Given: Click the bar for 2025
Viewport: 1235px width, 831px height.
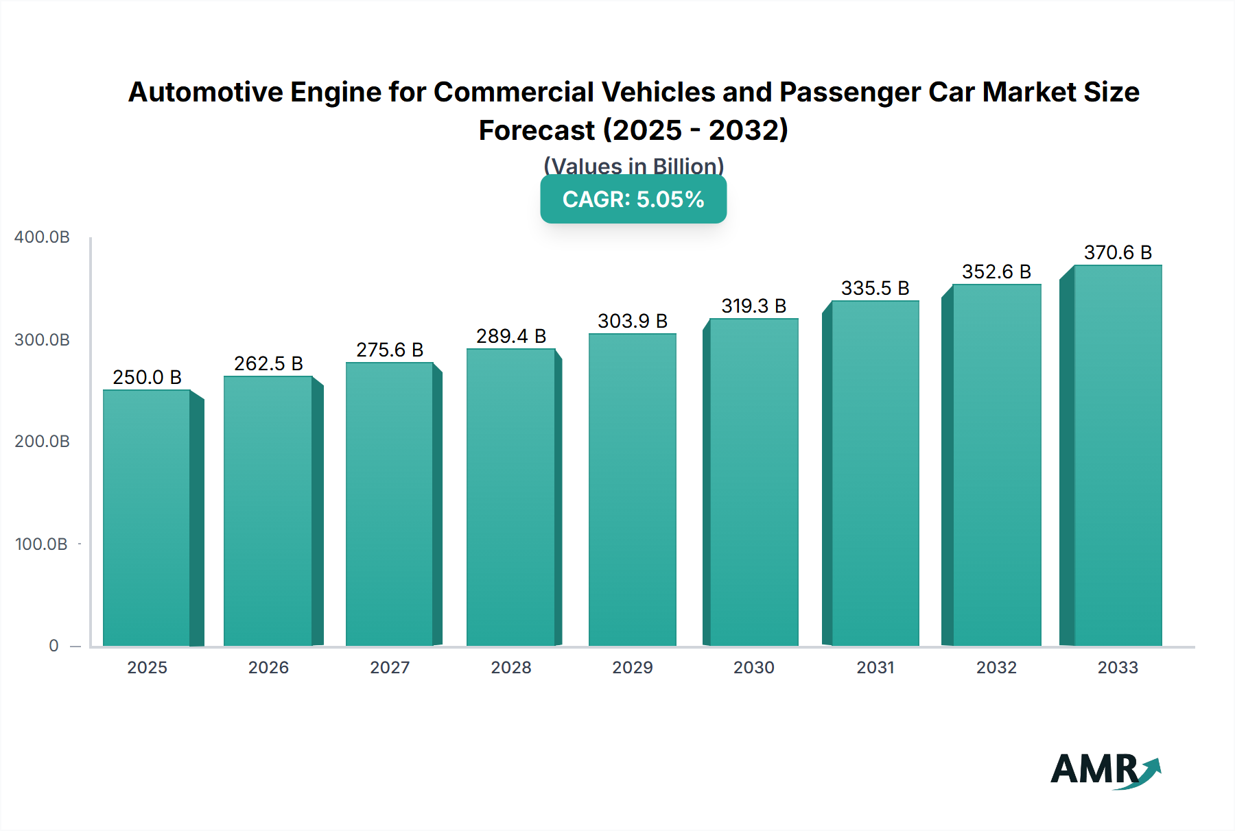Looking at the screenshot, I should (x=147, y=518).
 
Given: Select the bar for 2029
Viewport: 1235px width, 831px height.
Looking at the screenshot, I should (x=633, y=490).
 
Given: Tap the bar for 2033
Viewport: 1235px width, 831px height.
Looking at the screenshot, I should (x=1118, y=455).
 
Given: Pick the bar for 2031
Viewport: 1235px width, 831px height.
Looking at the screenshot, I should (x=875, y=473).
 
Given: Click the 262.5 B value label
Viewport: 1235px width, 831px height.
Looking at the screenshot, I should (x=268, y=363).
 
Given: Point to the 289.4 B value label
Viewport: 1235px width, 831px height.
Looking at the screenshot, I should (x=511, y=336).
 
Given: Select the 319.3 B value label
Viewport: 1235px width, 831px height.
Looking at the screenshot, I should (x=753, y=306).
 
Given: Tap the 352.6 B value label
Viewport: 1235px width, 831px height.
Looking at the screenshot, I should (x=996, y=272).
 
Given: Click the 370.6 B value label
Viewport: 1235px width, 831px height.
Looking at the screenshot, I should (x=1118, y=252).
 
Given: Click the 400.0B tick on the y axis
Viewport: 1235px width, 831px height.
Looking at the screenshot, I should (x=42, y=237).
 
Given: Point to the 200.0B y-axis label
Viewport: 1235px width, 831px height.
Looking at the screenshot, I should (x=42, y=442).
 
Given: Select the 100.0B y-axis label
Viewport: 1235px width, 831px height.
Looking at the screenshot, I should (x=42, y=544).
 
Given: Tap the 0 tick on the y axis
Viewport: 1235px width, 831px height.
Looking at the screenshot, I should (x=54, y=646).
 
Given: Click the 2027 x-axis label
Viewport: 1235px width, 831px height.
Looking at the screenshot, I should (x=390, y=667).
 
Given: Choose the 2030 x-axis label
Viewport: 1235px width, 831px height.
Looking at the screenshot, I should (x=753, y=667).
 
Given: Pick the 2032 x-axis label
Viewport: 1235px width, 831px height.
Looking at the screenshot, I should (x=996, y=667).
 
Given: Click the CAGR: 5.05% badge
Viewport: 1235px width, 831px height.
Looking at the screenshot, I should (x=633, y=200).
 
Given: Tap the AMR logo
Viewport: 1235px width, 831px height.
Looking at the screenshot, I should (x=1105, y=771).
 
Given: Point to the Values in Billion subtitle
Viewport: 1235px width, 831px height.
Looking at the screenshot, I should (x=633, y=166).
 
